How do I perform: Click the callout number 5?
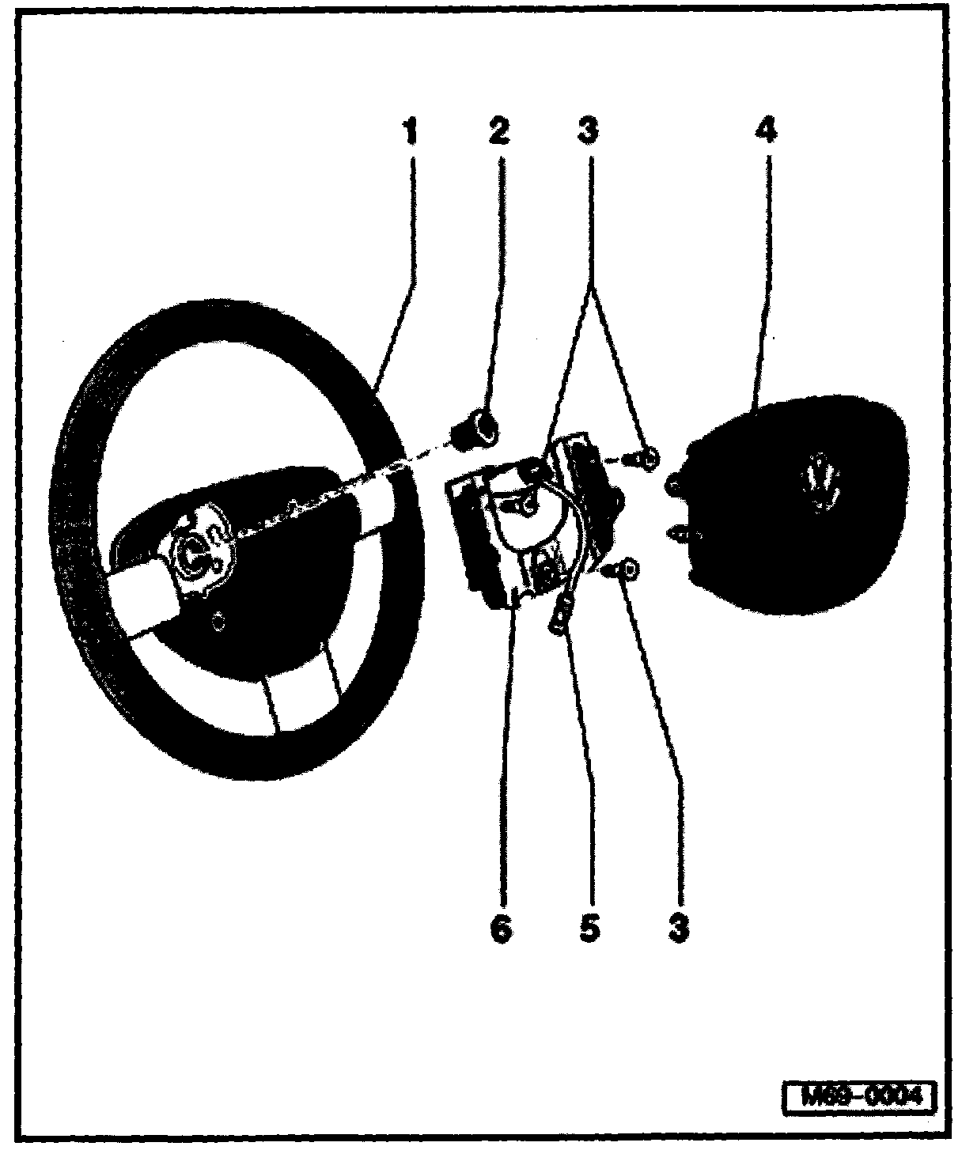coord(588,928)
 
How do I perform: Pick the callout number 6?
coord(501,928)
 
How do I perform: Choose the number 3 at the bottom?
coord(677,928)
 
